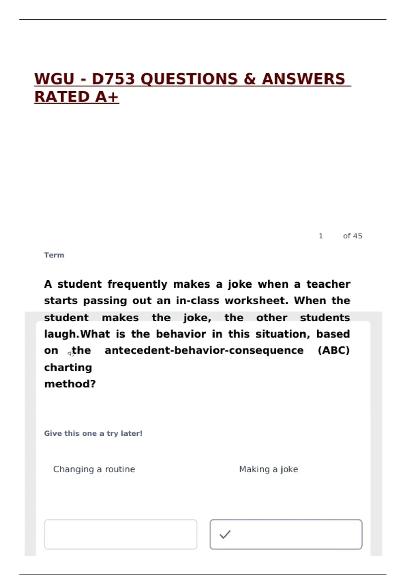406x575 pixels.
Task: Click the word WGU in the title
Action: point(54,79)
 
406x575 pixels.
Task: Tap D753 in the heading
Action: point(113,79)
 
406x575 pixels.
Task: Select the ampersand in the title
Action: point(249,79)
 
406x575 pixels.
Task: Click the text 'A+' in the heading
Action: point(107,97)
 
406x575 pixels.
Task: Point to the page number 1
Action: point(321,236)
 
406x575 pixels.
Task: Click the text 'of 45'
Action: point(353,236)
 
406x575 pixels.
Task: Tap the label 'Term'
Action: point(54,255)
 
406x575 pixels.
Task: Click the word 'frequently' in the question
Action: point(137,284)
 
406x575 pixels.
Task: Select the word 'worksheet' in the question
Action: point(256,301)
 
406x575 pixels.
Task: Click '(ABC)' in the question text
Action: point(334,350)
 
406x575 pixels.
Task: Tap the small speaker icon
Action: point(70,354)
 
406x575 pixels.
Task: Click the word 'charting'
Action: point(68,367)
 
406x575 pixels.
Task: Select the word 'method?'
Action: point(70,384)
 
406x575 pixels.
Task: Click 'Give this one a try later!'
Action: point(93,433)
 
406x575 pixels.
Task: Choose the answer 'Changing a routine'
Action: point(94,469)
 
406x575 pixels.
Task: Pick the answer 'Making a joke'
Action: point(268,469)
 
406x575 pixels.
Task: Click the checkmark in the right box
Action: point(225,534)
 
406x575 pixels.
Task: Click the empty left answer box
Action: point(120,534)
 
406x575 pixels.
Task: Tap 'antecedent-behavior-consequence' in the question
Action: point(204,350)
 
